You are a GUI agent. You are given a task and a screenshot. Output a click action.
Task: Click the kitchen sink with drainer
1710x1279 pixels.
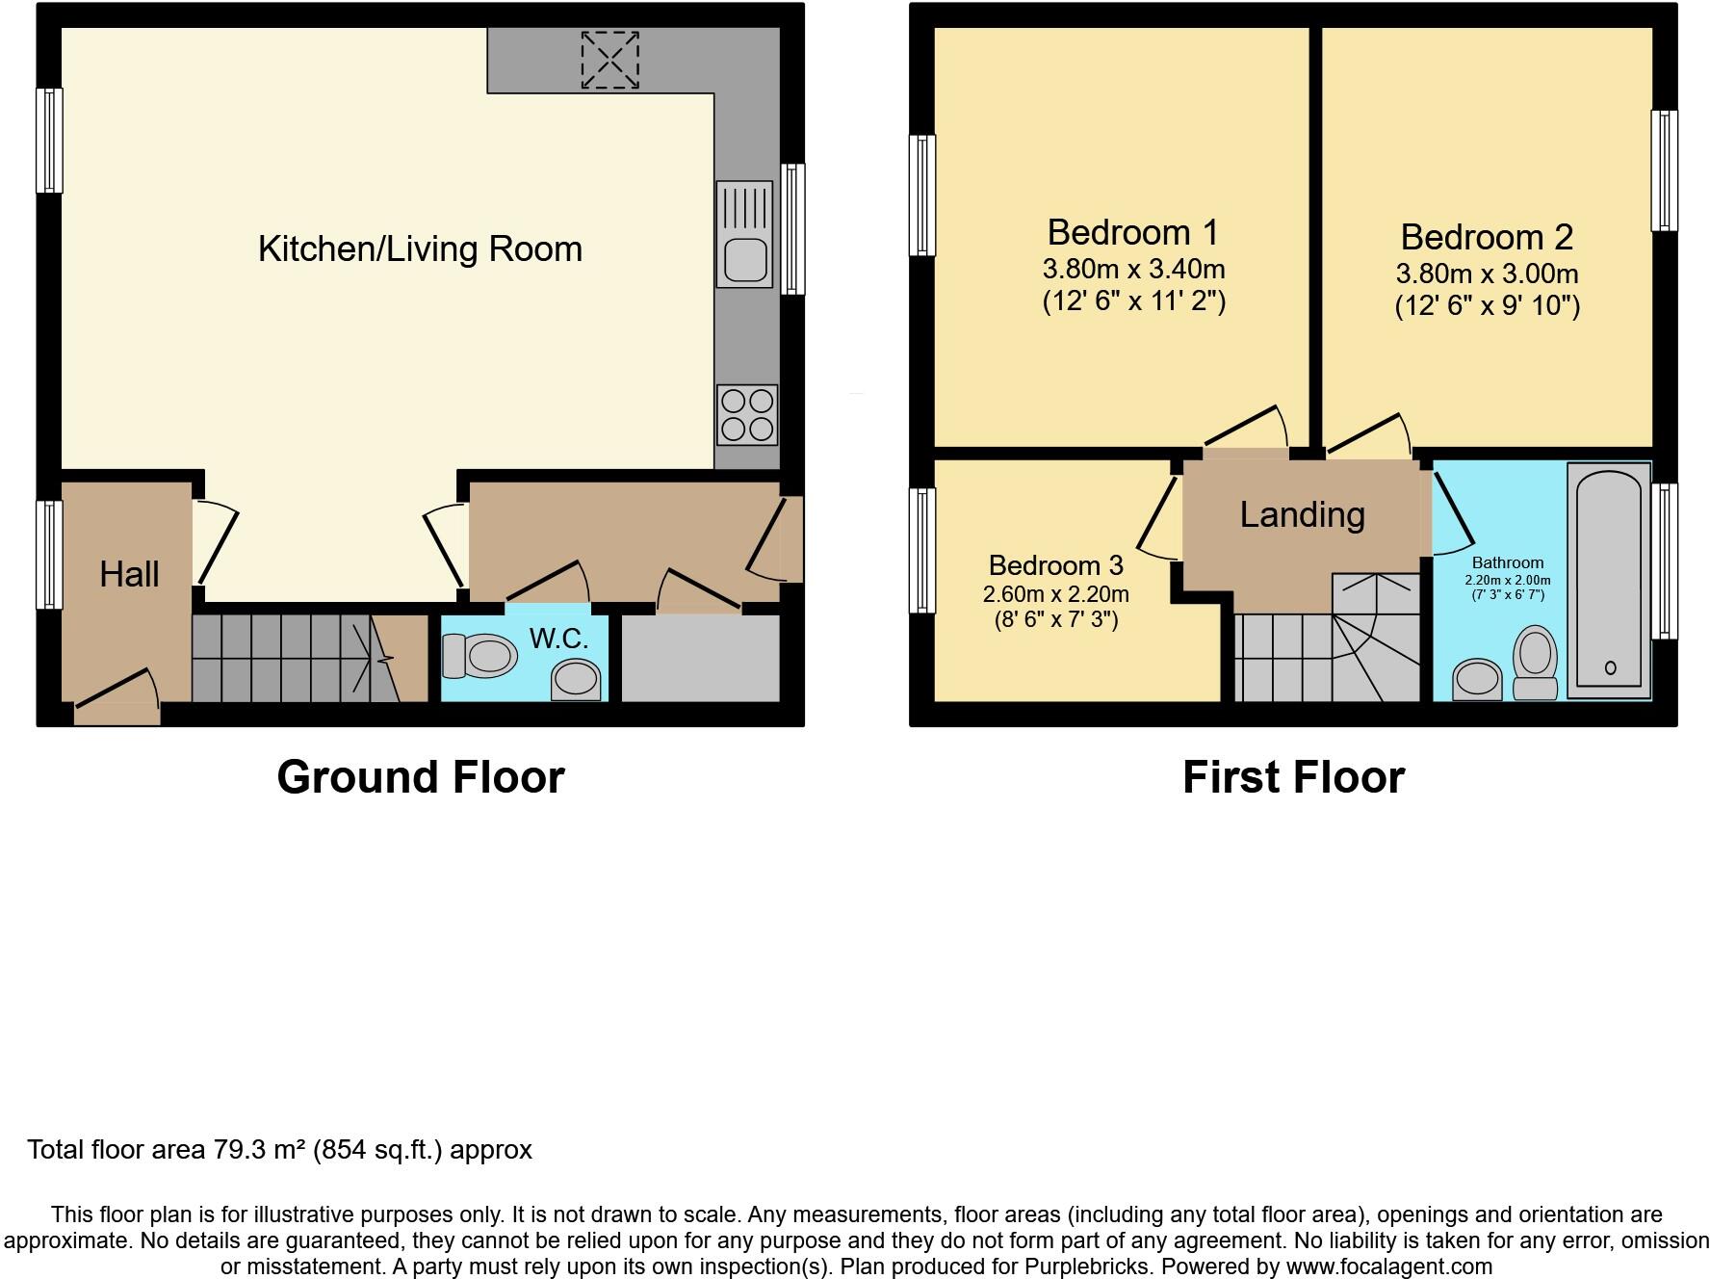point(744,234)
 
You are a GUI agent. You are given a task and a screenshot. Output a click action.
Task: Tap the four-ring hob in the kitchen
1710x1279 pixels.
point(746,415)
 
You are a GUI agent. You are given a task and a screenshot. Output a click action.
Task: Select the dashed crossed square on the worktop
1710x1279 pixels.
point(609,60)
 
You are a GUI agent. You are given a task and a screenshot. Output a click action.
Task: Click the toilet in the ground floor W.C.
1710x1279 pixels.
point(479,656)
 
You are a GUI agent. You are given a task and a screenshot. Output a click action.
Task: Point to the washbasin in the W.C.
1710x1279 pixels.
point(576,679)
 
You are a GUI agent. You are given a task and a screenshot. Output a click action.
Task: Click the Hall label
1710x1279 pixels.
point(129,575)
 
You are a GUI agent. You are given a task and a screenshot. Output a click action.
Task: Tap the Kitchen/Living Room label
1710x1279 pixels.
point(420,249)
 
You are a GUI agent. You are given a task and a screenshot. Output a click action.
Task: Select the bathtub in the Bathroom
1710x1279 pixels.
point(1609,580)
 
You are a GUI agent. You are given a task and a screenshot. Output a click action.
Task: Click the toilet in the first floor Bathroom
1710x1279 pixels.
point(1536,663)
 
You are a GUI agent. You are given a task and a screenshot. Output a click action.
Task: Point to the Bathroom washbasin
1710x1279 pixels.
point(1477,679)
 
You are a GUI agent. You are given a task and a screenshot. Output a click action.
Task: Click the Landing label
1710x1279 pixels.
point(1302,515)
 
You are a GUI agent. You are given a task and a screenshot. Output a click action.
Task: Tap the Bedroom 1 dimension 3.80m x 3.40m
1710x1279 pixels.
point(1133,269)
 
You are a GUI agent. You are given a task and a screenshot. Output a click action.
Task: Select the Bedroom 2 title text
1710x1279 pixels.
point(1487,237)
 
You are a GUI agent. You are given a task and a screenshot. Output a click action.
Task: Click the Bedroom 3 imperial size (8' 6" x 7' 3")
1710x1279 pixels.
point(1056,619)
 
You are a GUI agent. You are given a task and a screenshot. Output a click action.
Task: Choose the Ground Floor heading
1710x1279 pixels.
point(420,777)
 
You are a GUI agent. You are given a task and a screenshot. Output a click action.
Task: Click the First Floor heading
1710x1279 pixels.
point(1293,777)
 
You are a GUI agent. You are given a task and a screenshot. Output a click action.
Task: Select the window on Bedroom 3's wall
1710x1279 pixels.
point(922,550)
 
